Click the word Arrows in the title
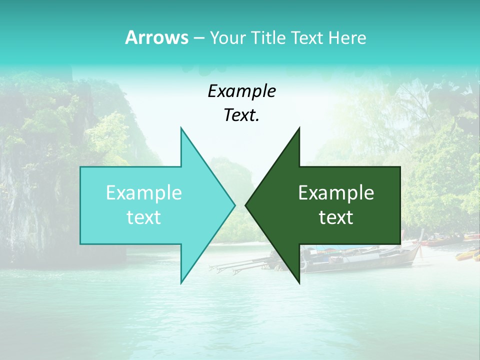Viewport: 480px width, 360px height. [x=156, y=37]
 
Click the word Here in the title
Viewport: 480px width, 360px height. [x=347, y=37]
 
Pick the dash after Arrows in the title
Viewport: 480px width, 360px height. [x=198, y=38]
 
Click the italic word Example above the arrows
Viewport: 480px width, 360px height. [x=241, y=91]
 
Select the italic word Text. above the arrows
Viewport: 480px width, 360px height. [x=241, y=115]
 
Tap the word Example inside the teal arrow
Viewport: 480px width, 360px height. [x=144, y=192]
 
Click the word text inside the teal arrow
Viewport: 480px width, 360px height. [x=144, y=217]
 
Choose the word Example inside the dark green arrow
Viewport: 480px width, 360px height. [x=336, y=192]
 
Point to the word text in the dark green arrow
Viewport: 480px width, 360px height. [x=336, y=217]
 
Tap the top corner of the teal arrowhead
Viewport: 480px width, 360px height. [x=181, y=128]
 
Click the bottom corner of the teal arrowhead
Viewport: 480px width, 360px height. [x=181, y=282]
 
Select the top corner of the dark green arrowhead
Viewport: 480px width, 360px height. [x=299, y=128]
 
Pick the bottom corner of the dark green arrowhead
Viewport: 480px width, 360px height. [x=299, y=282]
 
